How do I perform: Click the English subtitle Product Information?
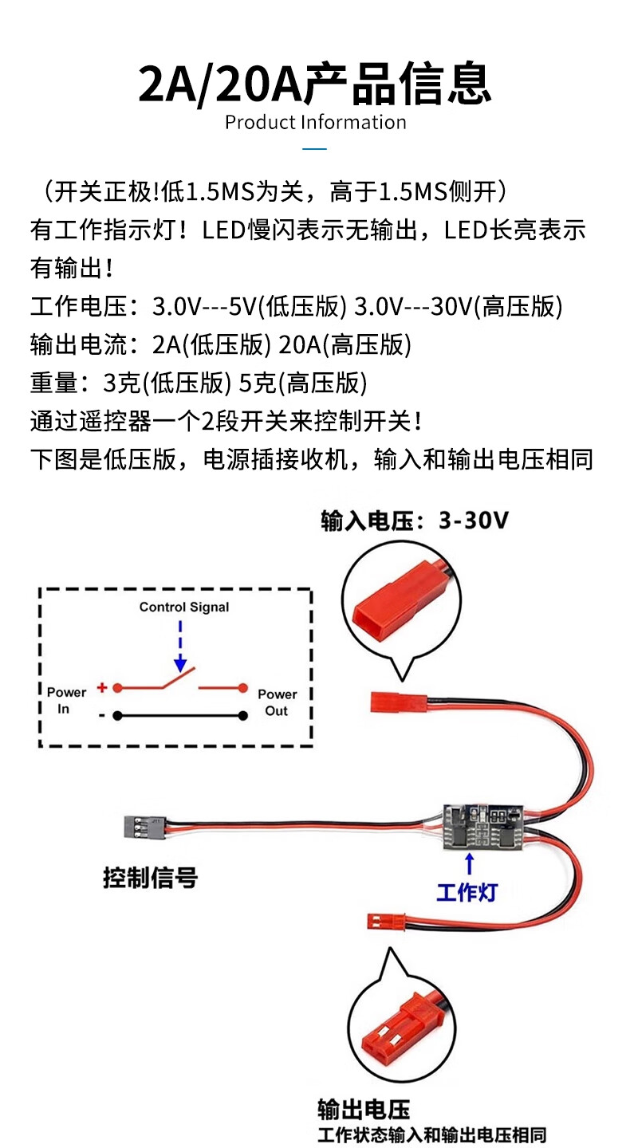[315, 123]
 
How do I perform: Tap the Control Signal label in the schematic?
[183, 607]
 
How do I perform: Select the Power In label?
[65, 701]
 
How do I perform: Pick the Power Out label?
[277, 702]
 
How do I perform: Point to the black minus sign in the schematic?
[102, 715]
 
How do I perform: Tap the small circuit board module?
[482, 826]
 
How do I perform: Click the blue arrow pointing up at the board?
[470, 864]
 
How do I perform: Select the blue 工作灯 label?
[467, 892]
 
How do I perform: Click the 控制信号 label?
[150, 879]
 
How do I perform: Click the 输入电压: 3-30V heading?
[414, 521]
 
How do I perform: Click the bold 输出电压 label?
[363, 1109]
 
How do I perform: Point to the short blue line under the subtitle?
[315, 149]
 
